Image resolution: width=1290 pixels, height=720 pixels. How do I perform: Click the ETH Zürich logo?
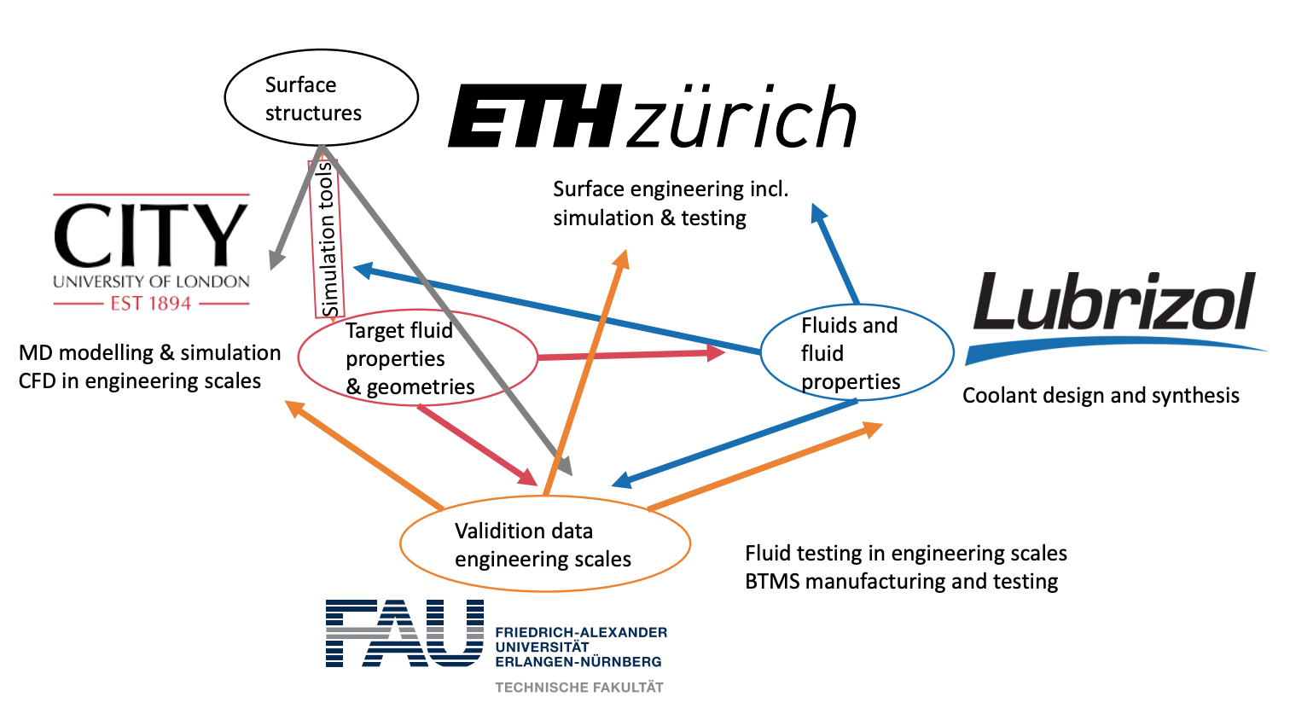click(x=652, y=117)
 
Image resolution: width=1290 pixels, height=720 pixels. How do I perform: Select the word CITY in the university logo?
click(x=151, y=235)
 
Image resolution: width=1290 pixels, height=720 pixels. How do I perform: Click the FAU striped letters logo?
click(x=404, y=633)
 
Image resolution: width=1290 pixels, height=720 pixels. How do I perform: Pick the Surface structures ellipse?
click(x=321, y=98)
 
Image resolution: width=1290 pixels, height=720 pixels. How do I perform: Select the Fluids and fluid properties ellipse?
click(x=856, y=352)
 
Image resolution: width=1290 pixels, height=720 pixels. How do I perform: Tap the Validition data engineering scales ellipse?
click(x=544, y=544)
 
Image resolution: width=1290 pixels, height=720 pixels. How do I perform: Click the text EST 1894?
click(x=151, y=303)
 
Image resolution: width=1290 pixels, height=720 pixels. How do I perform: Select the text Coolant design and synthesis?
click(x=1101, y=395)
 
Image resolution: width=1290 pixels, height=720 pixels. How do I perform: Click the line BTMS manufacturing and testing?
click(x=901, y=581)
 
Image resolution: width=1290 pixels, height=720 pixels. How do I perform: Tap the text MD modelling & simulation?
click(x=149, y=352)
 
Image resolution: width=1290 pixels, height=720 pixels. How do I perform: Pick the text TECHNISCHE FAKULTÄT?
click(x=579, y=687)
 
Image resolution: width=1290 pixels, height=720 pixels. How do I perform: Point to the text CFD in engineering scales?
click(x=140, y=380)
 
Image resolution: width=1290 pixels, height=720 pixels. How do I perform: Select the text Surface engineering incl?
click(x=671, y=189)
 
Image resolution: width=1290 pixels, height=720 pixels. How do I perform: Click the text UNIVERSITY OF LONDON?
click(x=151, y=282)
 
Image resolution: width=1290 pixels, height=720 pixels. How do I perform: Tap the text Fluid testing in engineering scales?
click(x=906, y=553)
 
